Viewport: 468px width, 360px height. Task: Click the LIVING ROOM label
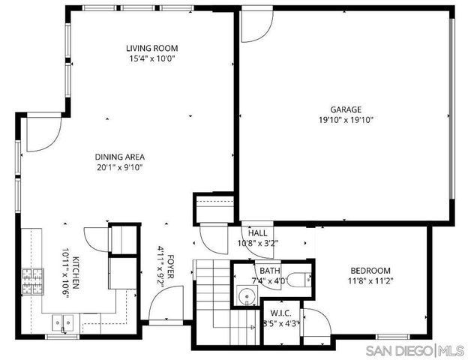pos(151,48)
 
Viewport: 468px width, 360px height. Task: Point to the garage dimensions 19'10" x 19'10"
pos(346,119)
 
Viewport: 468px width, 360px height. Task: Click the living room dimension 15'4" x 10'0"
pos(151,58)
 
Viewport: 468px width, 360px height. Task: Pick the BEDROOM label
pos(370,271)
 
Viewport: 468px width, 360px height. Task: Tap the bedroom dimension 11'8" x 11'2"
pos(370,281)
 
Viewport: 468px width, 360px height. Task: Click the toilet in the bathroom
pos(297,280)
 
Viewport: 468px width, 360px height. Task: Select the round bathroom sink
pos(245,295)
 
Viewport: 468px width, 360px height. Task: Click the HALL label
pos(247,233)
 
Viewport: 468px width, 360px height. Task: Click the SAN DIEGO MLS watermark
pos(414,351)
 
